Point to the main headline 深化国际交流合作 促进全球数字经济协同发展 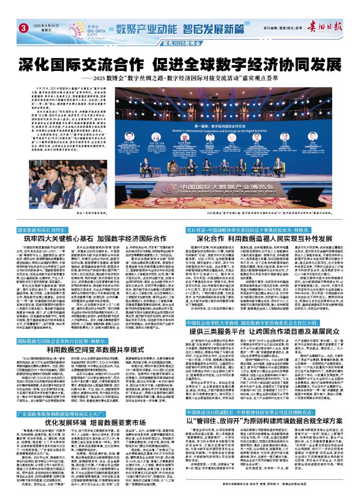180,65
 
